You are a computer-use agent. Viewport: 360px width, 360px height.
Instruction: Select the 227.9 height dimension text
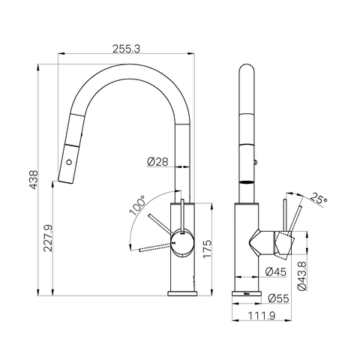coord(48,238)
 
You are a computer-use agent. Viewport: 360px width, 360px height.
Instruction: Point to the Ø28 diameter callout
coord(157,161)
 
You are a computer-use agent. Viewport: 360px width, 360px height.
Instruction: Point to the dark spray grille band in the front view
coord(247,181)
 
